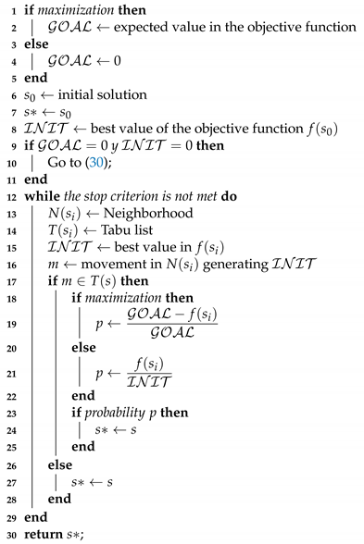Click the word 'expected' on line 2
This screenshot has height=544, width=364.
157,28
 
